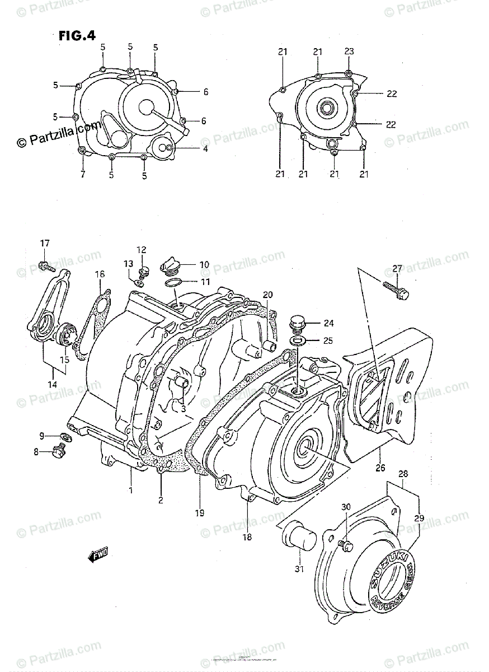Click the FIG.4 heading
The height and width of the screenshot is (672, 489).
[77, 35]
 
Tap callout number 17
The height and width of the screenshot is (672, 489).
[44, 243]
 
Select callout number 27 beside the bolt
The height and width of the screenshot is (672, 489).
[397, 269]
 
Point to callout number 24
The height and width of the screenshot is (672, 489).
[328, 323]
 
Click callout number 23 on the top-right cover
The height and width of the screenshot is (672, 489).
[349, 52]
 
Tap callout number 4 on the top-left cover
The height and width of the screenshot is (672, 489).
[189, 148]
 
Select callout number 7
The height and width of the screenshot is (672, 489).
[82, 175]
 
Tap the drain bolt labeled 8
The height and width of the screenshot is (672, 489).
[58, 450]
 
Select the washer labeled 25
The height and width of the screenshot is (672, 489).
[298, 340]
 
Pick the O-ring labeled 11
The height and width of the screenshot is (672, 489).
[173, 283]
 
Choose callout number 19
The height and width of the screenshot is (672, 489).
[200, 512]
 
